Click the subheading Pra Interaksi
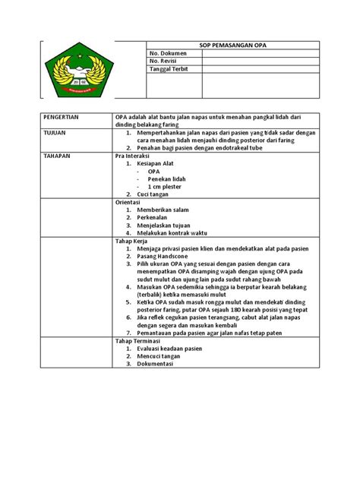tap(133, 156)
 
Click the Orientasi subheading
tap(130, 202)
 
